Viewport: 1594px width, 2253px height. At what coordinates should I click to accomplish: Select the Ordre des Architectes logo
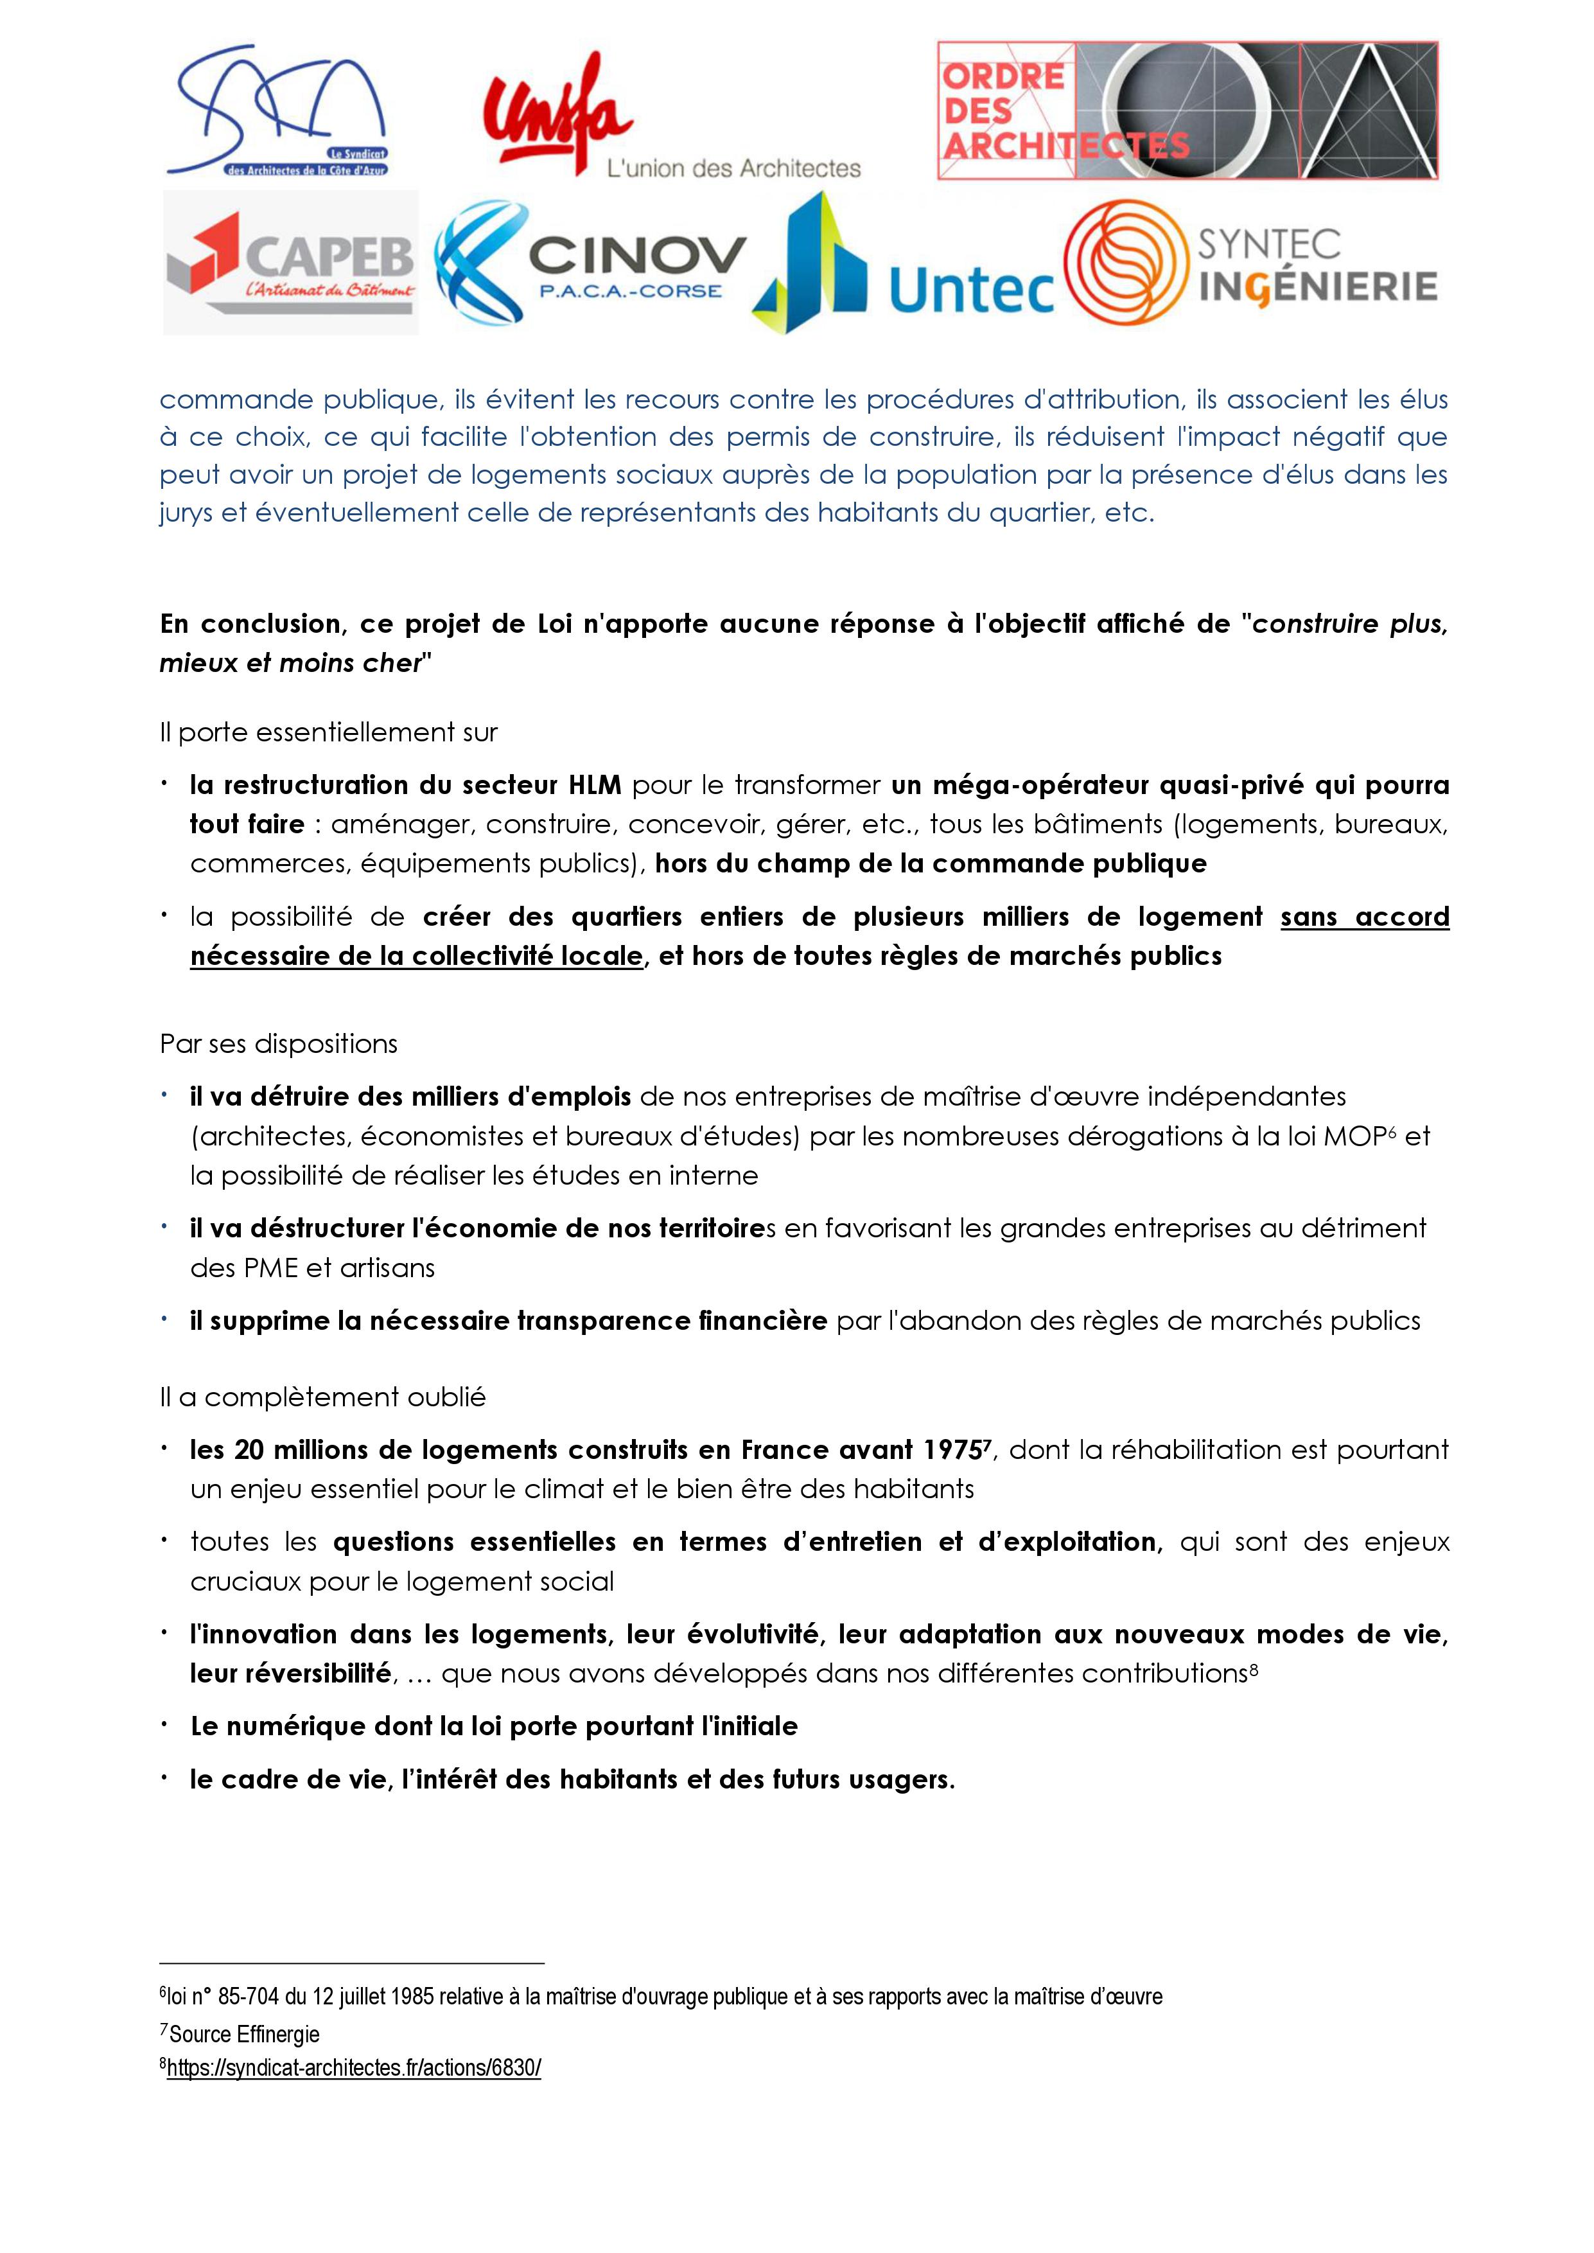coord(1187,111)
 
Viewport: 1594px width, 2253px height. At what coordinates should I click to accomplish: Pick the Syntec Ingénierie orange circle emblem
coord(1121,263)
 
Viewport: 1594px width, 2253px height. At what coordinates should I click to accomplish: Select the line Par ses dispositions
coord(279,1043)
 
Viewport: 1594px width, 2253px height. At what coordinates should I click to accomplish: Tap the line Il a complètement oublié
coord(323,1397)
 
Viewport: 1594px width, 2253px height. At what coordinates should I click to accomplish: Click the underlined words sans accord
coord(1364,917)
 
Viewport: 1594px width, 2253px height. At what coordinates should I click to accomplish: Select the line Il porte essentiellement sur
coord(329,732)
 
